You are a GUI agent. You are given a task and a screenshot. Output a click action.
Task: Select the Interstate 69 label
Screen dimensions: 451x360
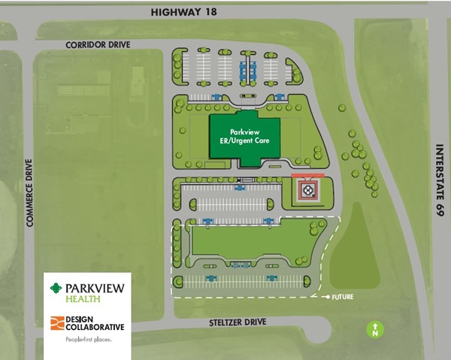point(438,180)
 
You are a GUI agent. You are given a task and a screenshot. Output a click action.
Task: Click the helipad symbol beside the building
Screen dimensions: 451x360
point(307,191)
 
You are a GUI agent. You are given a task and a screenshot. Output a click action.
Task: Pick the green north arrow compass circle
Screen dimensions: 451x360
point(374,328)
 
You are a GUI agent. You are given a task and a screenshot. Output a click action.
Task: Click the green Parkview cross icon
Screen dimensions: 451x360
point(55,288)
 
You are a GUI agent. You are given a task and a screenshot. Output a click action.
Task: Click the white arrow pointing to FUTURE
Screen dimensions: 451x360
point(327,297)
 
